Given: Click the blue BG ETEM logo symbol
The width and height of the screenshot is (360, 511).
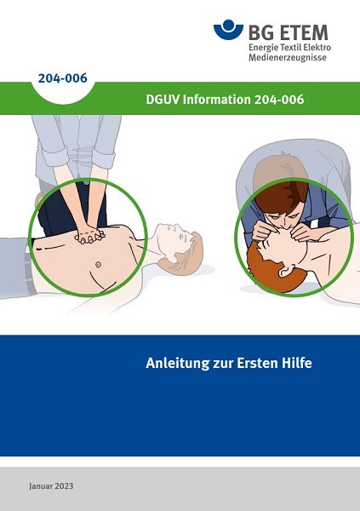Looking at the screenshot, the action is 228,29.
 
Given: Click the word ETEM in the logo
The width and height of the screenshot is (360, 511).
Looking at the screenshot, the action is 304,32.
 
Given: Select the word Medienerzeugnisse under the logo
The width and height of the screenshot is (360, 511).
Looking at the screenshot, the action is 288,58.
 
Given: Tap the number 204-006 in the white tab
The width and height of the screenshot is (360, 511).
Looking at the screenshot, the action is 62,78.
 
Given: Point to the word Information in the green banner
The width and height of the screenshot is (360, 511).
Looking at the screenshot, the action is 217,100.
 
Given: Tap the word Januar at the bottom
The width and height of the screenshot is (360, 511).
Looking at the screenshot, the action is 40,486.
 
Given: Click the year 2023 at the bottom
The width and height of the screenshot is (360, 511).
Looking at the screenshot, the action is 64,486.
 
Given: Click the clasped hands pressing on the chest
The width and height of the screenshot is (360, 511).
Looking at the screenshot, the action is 89,235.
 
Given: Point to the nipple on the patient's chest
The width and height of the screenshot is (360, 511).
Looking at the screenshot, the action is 98,264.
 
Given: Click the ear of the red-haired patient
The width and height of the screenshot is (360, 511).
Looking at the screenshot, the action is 284,269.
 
